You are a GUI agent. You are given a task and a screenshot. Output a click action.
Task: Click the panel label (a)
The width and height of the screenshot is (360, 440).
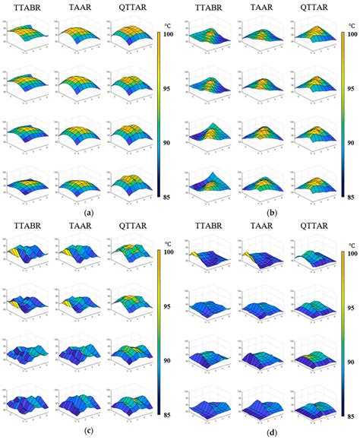click(x=90, y=213)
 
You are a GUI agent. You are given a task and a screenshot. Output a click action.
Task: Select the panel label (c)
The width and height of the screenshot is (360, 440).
click(x=90, y=433)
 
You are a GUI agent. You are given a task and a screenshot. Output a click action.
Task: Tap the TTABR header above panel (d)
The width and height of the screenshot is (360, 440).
click(x=209, y=226)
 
